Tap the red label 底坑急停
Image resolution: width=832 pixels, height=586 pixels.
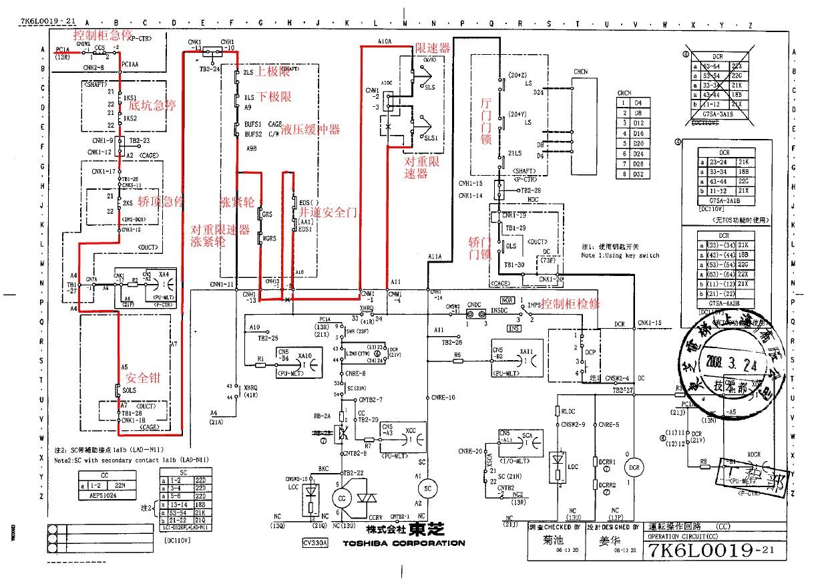pos(152,105)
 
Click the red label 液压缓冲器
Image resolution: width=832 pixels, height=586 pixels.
pos(310,129)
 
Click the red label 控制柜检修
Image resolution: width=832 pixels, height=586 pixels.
pos(570,303)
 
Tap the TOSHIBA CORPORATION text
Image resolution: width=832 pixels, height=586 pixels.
pos(403,543)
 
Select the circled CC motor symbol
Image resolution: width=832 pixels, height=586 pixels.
pos(343,498)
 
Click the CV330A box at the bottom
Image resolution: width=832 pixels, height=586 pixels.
pos(315,543)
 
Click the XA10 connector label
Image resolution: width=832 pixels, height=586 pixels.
pos(305,355)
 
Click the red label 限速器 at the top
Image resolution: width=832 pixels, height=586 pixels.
pos(432,48)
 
